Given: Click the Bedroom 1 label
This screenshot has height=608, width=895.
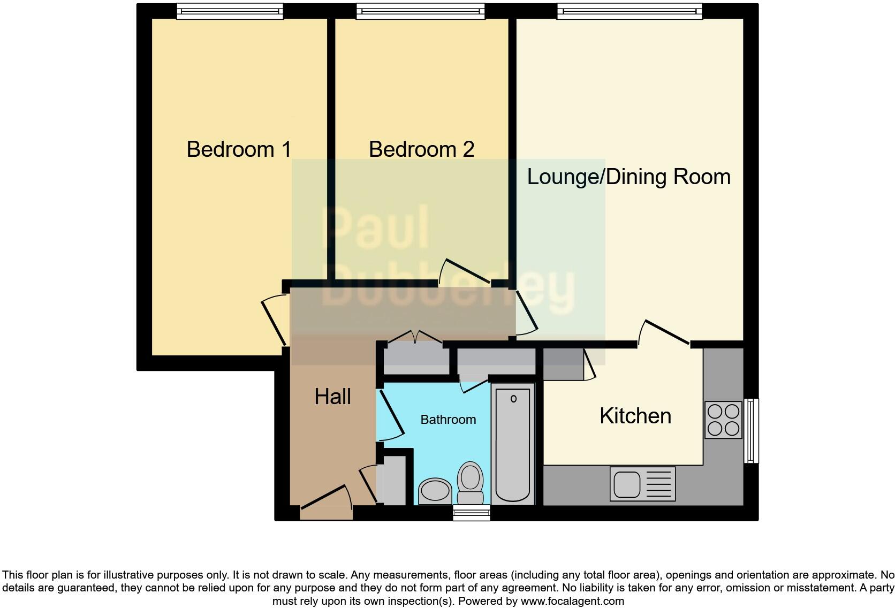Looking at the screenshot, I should tap(239, 149).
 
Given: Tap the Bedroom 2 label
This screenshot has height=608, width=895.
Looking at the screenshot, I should tap(421, 149).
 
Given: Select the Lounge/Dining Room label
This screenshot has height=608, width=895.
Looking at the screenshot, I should tap(628, 177).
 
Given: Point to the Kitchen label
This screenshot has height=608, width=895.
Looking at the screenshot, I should tap(635, 416).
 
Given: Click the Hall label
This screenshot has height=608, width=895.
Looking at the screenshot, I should tap(332, 397).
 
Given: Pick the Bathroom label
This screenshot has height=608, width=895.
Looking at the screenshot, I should tap(448, 420).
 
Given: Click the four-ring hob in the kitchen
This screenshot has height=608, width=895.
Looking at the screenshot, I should tap(723, 420).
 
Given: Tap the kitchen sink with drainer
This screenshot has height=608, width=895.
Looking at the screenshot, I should tap(642, 484).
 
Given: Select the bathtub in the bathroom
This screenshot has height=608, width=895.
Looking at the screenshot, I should tap(513, 444).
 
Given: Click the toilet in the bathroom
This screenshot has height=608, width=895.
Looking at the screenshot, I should tap(471, 482).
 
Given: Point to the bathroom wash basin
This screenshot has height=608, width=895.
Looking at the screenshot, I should tap(435, 490).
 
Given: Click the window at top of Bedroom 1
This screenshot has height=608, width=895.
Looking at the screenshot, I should tap(230, 11).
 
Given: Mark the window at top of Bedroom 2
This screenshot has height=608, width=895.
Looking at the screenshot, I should tap(420, 11).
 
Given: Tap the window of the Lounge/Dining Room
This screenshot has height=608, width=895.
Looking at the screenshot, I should tap(629, 11).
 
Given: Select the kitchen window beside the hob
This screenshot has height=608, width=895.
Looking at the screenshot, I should tap(752, 430).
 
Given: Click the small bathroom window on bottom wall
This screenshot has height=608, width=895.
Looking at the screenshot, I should tap(471, 513).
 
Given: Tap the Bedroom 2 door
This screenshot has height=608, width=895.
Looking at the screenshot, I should tap(465, 270).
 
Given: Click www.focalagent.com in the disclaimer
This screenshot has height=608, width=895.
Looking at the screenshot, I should tap(572, 601).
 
